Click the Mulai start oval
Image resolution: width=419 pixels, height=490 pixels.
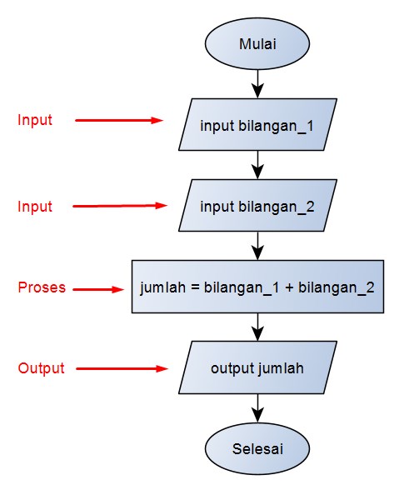click(x=258, y=43)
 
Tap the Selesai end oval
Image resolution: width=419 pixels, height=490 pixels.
click(x=258, y=448)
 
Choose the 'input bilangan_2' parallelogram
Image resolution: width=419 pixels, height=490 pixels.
click(x=258, y=206)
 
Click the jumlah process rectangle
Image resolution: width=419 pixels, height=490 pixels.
click(x=258, y=287)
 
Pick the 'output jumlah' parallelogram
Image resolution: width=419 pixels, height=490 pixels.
click(x=258, y=367)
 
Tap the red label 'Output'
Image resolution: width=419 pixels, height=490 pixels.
click(x=41, y=368)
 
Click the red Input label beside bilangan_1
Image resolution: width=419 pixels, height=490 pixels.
click(x=35, y=120)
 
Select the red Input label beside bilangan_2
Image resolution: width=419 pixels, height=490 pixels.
click(x=35, y=207)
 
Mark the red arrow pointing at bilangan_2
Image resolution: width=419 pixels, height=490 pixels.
click(x=122, y=206)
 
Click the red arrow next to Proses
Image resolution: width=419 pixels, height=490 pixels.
click(x=97, y=290)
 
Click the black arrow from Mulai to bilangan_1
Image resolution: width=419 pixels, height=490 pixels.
click(x=258, y=83)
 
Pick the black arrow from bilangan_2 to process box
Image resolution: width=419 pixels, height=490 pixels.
click(x=258, y=245)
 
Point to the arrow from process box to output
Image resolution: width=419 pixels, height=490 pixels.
click(x=258, y=327)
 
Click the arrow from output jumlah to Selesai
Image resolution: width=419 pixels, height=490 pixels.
click(x=258, y=407)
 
